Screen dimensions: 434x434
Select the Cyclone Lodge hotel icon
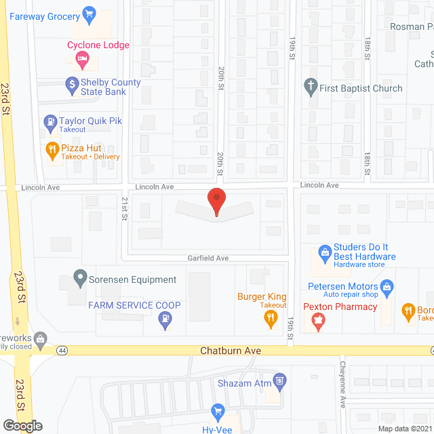point(80,59)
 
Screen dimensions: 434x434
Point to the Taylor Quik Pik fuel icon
point(50,123)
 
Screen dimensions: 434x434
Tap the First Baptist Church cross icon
point(311,88)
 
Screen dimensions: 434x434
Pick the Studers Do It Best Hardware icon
point(325,254)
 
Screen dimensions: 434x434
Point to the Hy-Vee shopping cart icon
point(218,411)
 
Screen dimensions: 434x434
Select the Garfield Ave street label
point(208,258)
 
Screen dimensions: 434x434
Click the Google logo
point(22,426)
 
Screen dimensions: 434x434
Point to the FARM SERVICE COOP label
point(134,305)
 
